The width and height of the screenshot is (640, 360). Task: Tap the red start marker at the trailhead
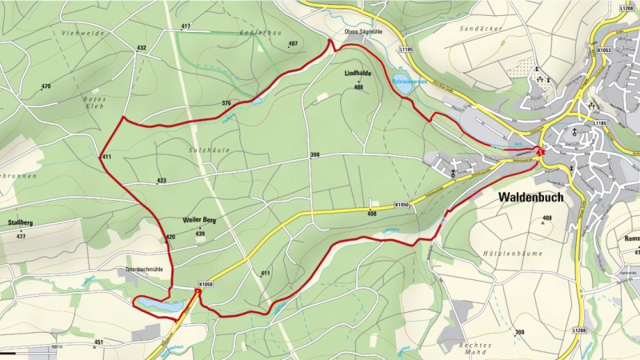click(542, 153)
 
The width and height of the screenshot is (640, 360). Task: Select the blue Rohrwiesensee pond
click(402, 84)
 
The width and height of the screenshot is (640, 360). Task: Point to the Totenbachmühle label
click(149, 270)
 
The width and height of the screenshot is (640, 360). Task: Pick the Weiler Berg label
click(200, 219)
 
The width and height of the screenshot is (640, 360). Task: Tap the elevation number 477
click(21, 237)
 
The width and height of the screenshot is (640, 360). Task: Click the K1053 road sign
click(603, 50)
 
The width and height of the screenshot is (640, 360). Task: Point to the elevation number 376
click(226, 103)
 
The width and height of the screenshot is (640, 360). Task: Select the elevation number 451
click(98, 342)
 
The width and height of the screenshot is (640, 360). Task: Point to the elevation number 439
click(200, 234)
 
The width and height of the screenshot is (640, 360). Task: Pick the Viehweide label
click(78, 33)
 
